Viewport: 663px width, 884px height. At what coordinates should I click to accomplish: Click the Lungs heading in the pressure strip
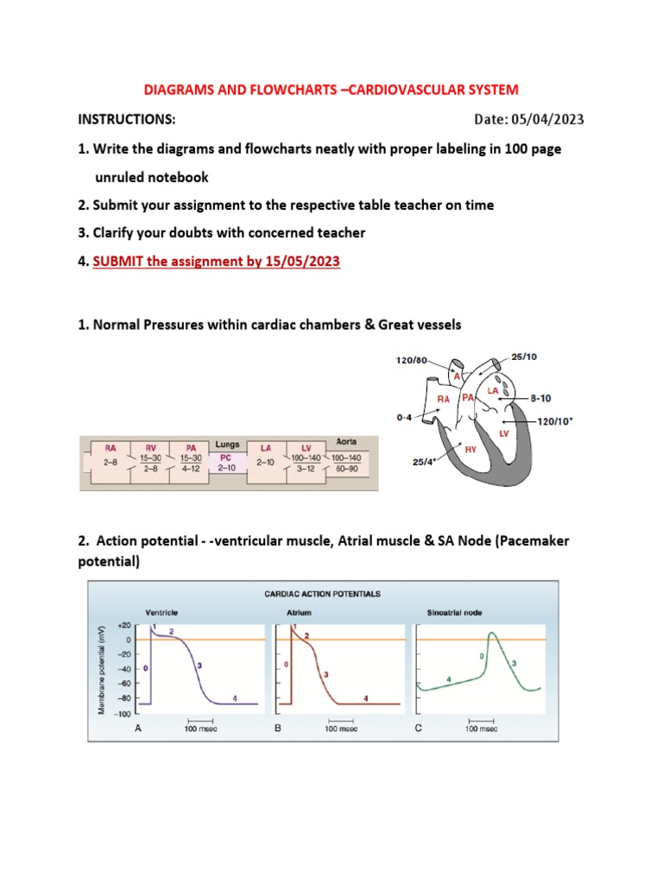pos(227,445)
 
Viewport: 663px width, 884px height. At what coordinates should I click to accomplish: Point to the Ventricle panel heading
pos(161,611)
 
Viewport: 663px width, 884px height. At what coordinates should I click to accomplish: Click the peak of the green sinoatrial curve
pos(491,634)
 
